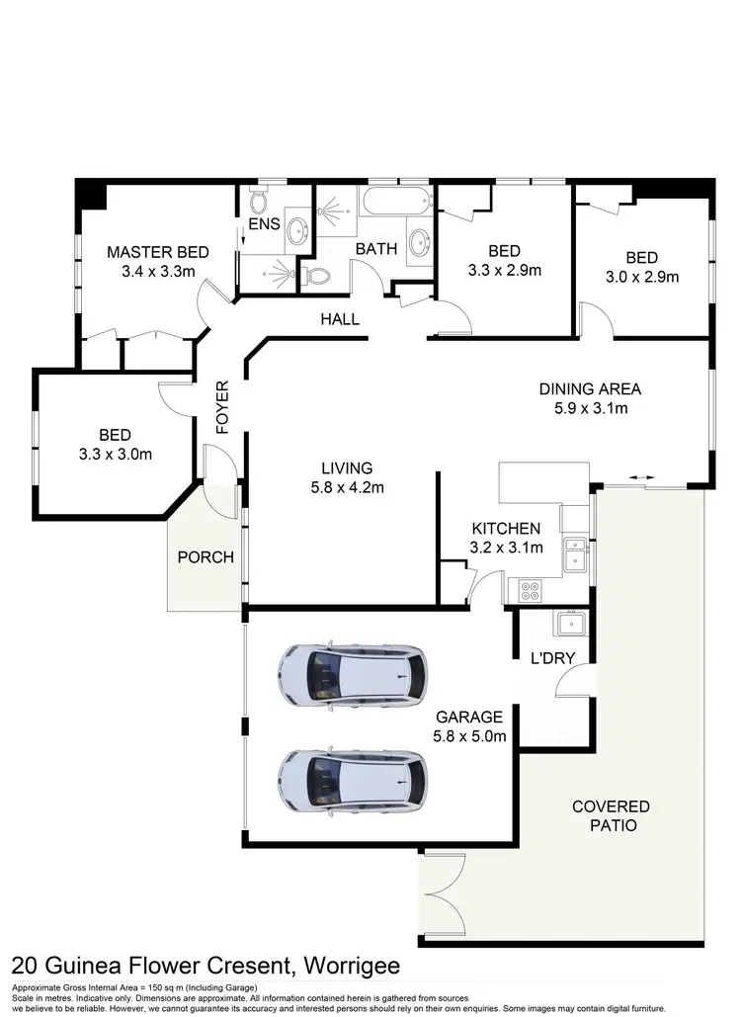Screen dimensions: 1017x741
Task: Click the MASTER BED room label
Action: [158, 252]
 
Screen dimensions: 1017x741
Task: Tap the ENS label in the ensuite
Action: [264, 224]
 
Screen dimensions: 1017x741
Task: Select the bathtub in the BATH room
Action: [396, 204]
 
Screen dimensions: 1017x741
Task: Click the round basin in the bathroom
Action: [419, 241]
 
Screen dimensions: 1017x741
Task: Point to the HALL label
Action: [339, 319]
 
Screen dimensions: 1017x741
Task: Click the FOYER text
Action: [222, 406]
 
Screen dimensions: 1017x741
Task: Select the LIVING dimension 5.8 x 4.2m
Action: [346, 486]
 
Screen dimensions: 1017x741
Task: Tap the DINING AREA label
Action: [590, 388]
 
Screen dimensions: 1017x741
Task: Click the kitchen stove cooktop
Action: [531, 591]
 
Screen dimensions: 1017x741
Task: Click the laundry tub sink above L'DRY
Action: [570, 624]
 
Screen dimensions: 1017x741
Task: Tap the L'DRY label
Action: [552, 657]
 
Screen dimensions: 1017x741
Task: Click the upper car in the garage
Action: [354, 675]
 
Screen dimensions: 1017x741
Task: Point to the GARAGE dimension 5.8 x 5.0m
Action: [469, 735]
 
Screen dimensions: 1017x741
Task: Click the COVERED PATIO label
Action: [611, 815]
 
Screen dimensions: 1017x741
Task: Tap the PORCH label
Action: [206, 557]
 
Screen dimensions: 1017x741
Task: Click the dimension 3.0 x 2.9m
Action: [642, 277]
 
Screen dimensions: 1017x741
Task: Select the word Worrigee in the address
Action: [350, 964]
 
